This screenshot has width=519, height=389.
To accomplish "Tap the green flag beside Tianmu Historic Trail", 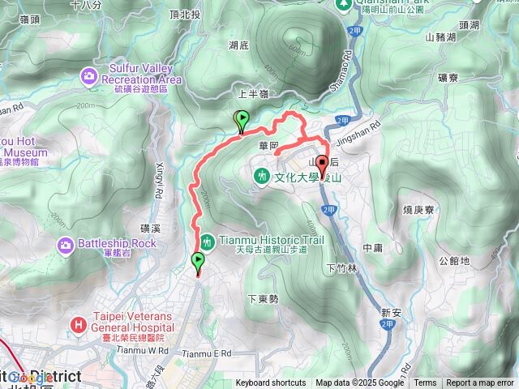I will click(x=199, y=262).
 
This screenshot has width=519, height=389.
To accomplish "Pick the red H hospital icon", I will click(x=79, y=325).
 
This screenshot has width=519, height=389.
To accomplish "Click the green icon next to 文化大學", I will click(x=262, y=175).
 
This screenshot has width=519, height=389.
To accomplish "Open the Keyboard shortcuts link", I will click(x=271, y=383).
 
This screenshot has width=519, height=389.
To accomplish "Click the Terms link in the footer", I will click(x=425, y=383).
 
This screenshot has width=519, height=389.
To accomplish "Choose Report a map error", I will click(x=481, y=383).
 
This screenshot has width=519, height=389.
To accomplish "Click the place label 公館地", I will click(x=454, y=261).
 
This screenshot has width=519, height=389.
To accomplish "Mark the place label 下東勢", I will click(x=263, y=299).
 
